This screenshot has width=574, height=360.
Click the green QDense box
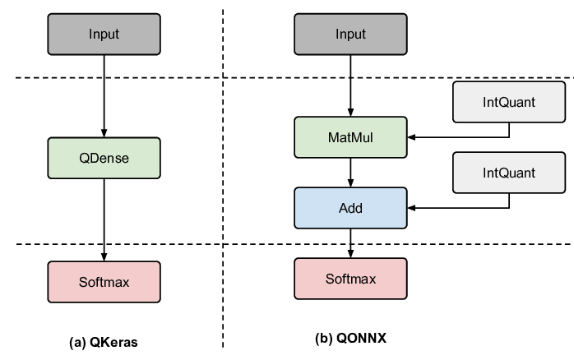(x=104, y=158)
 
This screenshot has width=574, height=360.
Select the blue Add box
(x=350, y=208)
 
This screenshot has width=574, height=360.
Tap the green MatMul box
(x=350, y=137)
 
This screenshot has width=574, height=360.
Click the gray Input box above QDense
(x=104, y=34)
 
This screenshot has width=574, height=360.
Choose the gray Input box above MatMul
(x=350, y=34)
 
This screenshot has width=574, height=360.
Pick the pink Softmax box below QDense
(x=104, y=282)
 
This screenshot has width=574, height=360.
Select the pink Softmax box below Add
(x=350, y=279)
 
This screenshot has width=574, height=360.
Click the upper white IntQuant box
(x=509, y=102)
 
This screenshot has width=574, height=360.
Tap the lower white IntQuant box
(x=509, y=173)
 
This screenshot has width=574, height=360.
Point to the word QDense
(x=104, y=158)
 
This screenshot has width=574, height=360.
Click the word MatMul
(x=350, y=137)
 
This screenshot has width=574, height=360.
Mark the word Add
(x=350, y=208)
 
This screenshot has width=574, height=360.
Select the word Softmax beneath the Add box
(x=350, y=279)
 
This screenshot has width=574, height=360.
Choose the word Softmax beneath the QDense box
(x=104, y=282)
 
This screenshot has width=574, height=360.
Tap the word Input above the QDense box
(x=104, y=34)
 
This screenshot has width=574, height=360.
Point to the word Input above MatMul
(x=350, y=34)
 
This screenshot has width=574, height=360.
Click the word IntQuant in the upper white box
(x=509, y=102)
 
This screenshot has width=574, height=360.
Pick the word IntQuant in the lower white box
(x=509, y=173)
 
